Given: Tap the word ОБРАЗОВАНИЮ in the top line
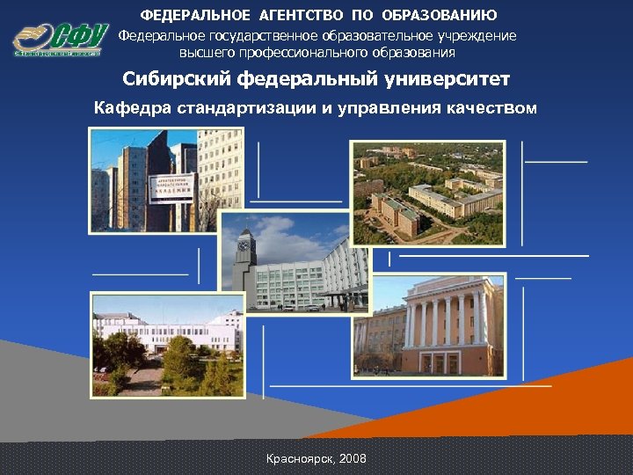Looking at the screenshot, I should tap(440, 15).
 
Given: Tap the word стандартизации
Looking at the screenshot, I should tap(235, 109).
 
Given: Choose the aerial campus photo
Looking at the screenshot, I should tap(427, 193).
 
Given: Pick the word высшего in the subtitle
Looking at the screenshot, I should tap(204, 52).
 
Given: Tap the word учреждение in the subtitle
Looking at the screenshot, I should tap(475, 36).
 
